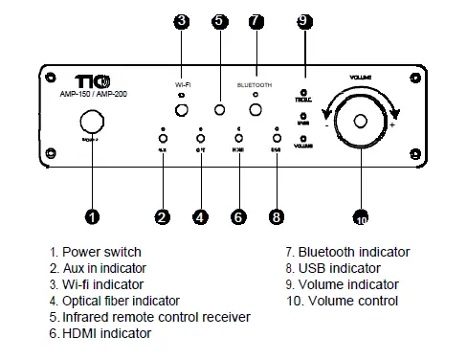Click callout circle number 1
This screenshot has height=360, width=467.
(91, 217)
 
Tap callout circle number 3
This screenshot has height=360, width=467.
(181, 20)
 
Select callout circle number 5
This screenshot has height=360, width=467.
(219, 20)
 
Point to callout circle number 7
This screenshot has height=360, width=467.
(255, 20)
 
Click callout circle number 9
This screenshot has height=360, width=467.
(304, 20)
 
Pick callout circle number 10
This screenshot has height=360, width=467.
(361, 217)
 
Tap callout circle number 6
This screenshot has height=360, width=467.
(238, 217)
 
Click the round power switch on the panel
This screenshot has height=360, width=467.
(91, 122)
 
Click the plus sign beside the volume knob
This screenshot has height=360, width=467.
(392, 124)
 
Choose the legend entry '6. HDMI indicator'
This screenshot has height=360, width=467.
(100, 333)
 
